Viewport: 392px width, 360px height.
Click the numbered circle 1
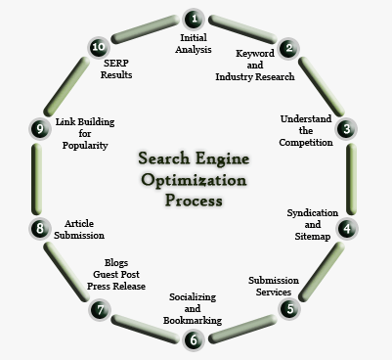[x=194, y=17]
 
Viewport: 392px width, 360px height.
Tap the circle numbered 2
[x=287, y=47]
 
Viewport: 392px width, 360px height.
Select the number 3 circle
[x=345, y=127]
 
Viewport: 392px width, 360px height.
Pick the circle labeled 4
[x=345, y=228]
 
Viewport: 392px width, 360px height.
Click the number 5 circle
[x=288, y=308]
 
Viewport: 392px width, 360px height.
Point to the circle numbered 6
[x=194, y=339]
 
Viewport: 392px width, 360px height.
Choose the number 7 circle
[x=99, y=309]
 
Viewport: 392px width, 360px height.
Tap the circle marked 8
[x=40, y=228]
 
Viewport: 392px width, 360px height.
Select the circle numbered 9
[x=40, y=127]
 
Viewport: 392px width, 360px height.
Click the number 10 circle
[x=98, y=47]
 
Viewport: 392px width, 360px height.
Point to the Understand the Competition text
[x=306, y=130]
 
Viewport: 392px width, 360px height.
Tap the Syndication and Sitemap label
[x=313, y=223]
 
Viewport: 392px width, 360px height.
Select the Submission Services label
[x=273, y=285]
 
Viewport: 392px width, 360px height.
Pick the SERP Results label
[x=117, y=67]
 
